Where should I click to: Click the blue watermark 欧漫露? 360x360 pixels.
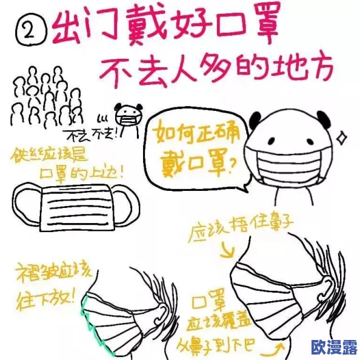(334, 347)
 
